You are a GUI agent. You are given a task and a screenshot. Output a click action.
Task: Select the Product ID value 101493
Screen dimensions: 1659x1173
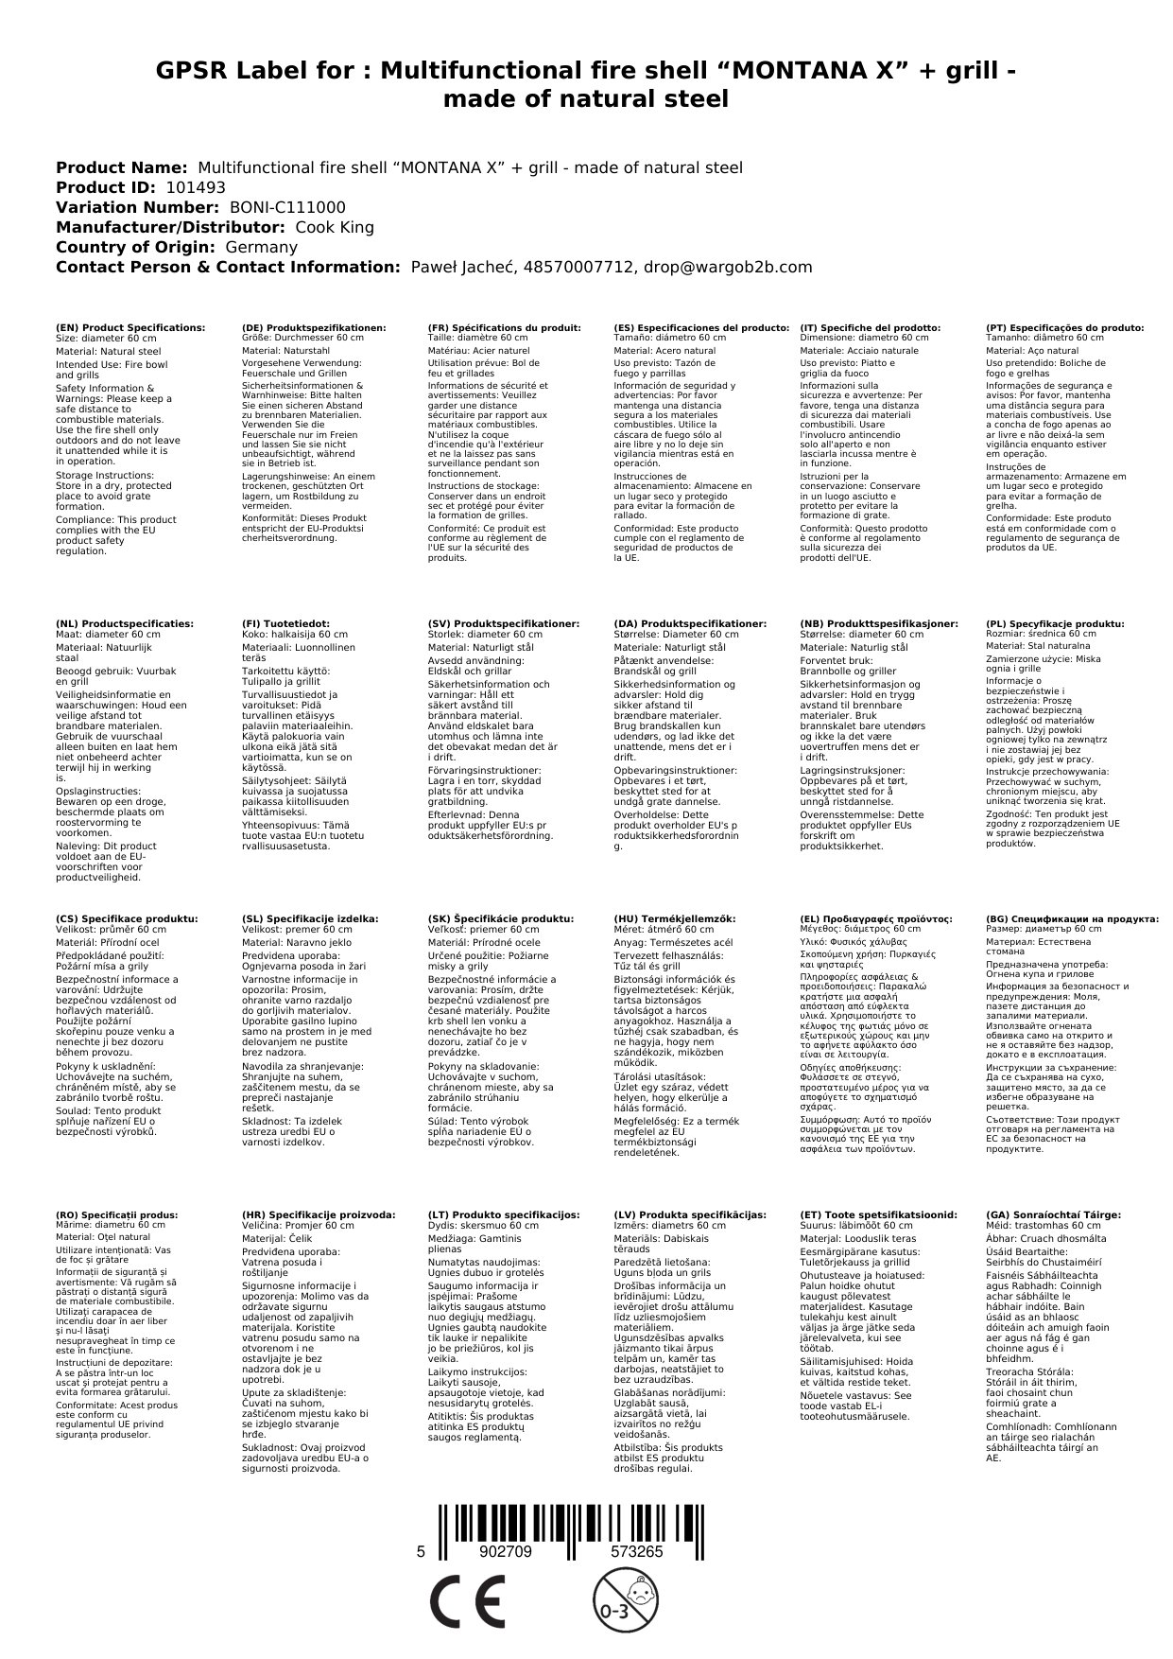coord(189,187)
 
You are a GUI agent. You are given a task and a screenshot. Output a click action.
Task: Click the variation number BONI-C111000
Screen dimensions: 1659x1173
coord(287,207)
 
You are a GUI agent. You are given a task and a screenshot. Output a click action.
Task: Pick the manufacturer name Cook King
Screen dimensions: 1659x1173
coord(335,227)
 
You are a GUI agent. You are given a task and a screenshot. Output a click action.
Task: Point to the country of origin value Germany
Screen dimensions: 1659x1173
coord(262,247)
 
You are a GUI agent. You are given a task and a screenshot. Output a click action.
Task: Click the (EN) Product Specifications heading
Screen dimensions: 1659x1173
coord(130,327)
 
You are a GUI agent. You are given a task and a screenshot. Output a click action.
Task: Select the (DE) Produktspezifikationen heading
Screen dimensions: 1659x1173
coord(314,327)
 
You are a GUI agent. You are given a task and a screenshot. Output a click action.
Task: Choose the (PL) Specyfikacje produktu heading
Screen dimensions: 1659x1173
coord(1055,624)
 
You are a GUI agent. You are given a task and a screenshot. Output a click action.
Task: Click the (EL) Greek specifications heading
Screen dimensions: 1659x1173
coord(876,918)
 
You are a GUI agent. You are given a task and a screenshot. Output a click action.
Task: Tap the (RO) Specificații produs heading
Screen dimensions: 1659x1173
coord(117,1214)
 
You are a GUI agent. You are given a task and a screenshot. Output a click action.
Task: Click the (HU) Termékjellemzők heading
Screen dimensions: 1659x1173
coord(674,918)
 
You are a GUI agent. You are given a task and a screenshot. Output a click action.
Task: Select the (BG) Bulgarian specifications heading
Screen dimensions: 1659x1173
coord(1072,918)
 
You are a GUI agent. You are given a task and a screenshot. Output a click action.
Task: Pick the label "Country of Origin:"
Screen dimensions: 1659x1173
coord(137,247)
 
